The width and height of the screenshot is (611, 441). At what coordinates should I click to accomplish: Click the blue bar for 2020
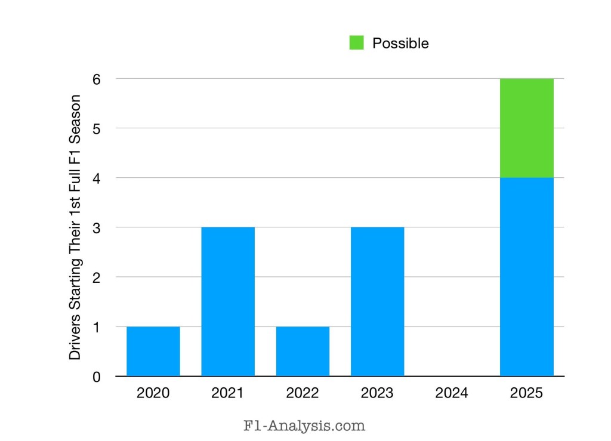point(153,351)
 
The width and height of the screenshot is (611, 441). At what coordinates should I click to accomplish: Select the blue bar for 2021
point(228,301)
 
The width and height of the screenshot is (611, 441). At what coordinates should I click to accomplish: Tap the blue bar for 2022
point(303,351)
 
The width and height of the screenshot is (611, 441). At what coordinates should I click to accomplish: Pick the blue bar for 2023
point(377,301)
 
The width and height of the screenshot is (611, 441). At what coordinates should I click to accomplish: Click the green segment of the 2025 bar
point(526,128)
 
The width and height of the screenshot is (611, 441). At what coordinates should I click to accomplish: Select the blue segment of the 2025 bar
point(526,277)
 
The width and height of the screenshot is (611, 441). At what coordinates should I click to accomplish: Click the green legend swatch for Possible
point(356,43)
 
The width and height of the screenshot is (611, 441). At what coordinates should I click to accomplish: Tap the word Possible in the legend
point(400,44)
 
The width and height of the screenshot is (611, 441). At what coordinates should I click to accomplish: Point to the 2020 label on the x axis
point(153,393)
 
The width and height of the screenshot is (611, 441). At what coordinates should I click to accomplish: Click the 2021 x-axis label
point(228,393)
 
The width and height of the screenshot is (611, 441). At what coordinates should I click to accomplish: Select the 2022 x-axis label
point(303,393)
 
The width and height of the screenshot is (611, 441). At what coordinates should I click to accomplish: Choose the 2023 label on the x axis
point(377,393)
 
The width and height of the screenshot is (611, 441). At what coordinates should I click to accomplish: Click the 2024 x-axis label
point(452,393)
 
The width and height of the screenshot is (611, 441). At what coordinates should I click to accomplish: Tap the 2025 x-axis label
point(526,393)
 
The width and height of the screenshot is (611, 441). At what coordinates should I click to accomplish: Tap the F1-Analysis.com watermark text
point(304,426)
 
